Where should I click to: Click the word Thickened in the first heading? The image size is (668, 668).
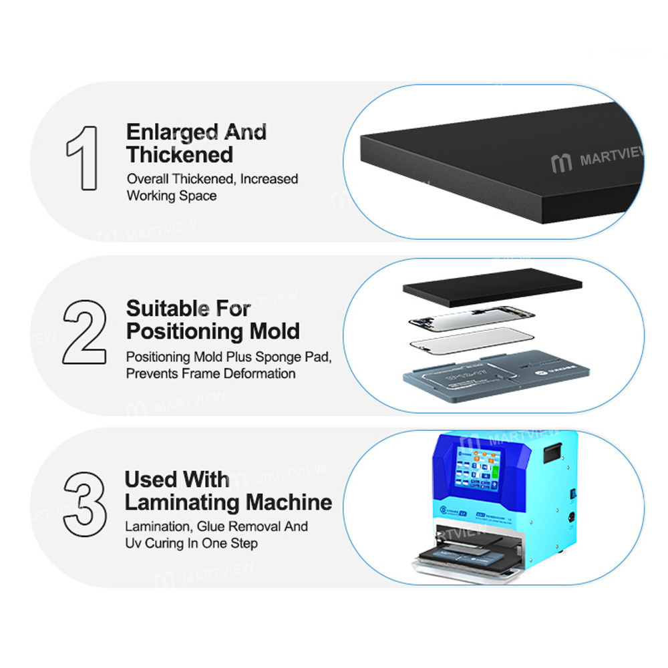coord(180,155)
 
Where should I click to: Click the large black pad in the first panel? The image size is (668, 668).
coord(494,167)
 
